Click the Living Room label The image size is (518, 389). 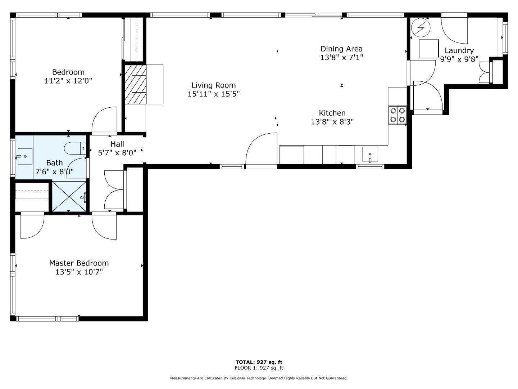pyautogui.click(x=213, y=85)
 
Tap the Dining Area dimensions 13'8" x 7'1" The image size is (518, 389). pyautogui.click(x=341, y=58)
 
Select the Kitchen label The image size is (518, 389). pyautogui.click(x=332, y=113)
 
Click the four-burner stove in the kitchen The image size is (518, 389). pyautogui.click(x=397, y=115)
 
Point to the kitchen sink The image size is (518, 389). pyautogui.click(x=370, y=155)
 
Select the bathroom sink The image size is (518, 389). pyautogui.click(x=24, y=156)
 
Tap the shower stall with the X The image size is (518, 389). pyautogui.click(x=69, y=196)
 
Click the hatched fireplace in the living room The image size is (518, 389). pyautogui.click(x=136, y=84)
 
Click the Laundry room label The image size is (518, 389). pyautogui.click(x=459, y=51)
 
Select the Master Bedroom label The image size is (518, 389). pyautogui.click(x=79, y=263)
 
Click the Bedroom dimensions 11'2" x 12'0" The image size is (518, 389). pyautogui.click(x=68, y=81)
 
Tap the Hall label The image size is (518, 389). pyautogui.click(x=117, y=144)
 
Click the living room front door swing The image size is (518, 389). pyautogui.click(x=261, y=149)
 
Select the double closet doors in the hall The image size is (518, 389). pyautogui.click(x=114, y=189)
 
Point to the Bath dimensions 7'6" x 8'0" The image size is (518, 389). pyautogui.click(x=54, y=172)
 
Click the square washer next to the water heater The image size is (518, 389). pyautogui.click(x=430, y=48)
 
